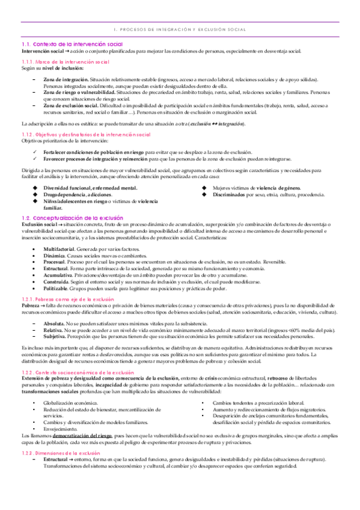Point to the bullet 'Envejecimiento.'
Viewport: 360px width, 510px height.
coord(60,428)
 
